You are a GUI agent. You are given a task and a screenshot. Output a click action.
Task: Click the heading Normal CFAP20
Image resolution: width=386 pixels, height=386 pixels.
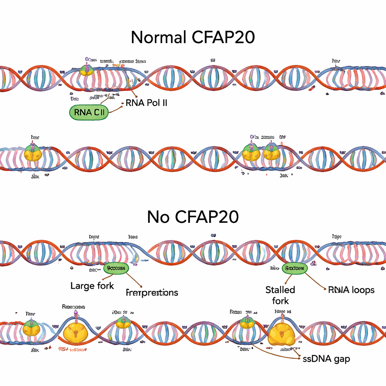[193, 38]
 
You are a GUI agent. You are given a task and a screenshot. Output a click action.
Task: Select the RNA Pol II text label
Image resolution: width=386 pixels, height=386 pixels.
[146, 103]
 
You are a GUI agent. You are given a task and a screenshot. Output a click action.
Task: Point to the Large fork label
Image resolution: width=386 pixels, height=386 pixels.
[92, 286]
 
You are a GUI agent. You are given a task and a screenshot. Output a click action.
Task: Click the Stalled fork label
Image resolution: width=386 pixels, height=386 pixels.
[280, 295]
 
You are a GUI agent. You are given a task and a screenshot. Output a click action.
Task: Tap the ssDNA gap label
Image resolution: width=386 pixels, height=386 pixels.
[326, 359]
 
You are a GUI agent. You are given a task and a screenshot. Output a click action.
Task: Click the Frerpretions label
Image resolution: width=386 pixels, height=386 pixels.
[152, 293]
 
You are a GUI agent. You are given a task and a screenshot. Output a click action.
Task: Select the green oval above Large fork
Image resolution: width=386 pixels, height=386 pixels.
[116, 268]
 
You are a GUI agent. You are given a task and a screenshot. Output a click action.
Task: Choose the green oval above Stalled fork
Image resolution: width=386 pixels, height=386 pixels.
[295, 268]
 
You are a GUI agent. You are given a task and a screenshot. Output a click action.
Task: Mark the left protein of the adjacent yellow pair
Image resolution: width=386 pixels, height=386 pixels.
[249, 153]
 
